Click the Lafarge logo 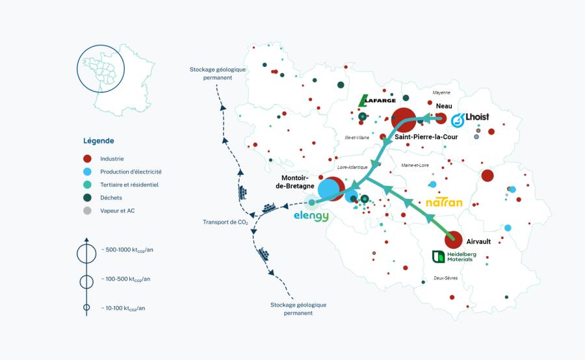pos(377,100)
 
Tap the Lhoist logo pos(470,120)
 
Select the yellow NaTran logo pos(444,203)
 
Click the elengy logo pos(311,216)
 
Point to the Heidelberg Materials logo pos(454,257)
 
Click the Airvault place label pos(478,242)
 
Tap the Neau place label pos(444,106)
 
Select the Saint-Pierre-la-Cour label pos(426,137)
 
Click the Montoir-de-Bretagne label pos(294,182)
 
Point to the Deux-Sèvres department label pos(445,278)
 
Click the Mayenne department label pos(441,92)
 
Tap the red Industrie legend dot pos(87,159)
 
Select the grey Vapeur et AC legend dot pos(87,211)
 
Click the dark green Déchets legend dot pos(87,198)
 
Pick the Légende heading pos(99,141)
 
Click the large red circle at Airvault pos(454,240)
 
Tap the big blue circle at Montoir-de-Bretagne pos(329,189)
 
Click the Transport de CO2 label pos(226,222)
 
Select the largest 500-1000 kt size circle pos(86,254)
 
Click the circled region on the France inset pos(101,69)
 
